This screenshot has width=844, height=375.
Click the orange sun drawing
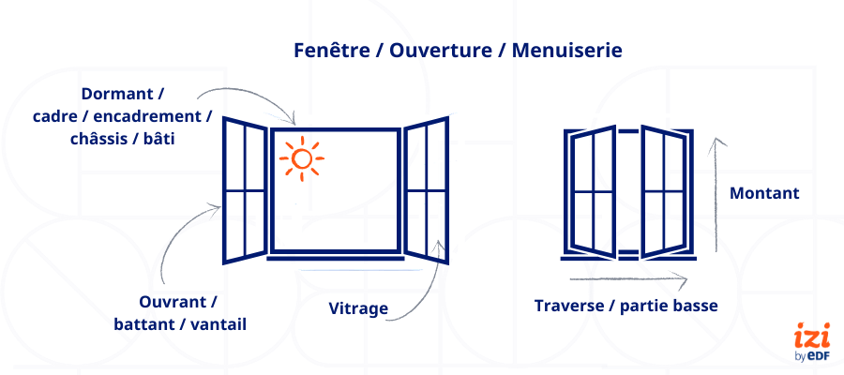tap(301, 158)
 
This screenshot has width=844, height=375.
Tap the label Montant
tap(764, 193)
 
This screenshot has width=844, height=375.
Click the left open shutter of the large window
tap(244, 190)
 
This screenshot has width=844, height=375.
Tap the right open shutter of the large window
tap(427, 188)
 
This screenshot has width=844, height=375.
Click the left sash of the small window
tap(592, 191)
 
